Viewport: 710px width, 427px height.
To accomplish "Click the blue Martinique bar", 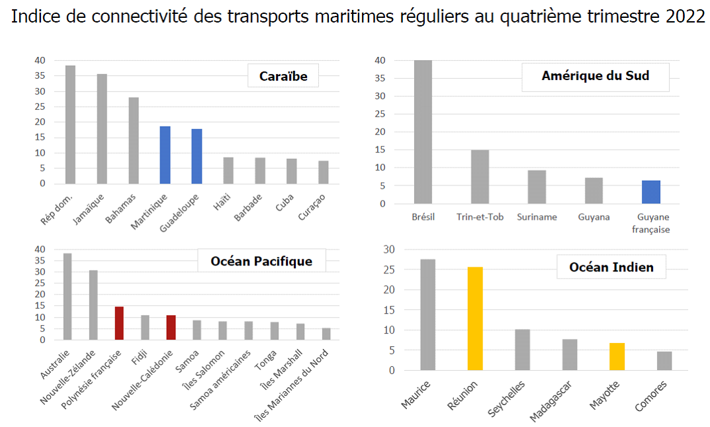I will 165,155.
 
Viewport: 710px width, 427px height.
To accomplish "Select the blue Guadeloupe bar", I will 197,156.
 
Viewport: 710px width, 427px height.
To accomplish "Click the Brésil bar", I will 423,132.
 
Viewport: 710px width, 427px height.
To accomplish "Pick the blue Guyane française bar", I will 651,192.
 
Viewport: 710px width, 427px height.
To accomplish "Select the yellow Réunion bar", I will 476,318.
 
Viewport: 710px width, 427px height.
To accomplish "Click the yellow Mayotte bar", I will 617,356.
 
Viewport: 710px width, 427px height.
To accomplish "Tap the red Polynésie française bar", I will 119,323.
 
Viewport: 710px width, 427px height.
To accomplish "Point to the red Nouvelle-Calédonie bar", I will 171,328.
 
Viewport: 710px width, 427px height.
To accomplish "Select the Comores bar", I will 664,361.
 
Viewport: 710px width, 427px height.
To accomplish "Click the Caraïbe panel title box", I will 283,76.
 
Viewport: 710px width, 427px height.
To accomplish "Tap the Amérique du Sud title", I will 595,76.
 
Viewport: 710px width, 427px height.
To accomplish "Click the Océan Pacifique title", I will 261,261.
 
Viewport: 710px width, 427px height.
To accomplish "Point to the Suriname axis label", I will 537,216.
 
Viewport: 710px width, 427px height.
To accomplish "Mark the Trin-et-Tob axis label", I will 480,216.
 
